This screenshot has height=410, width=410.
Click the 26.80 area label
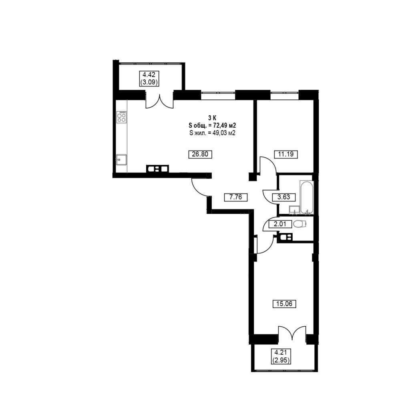pyautogui.click(x=200, y=154)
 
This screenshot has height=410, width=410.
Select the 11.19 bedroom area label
pyautogui.click(x=286, y=154)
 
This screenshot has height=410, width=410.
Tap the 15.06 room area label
pyautogui.click(x=285, y=304)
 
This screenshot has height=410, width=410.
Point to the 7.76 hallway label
pyautogui.click(x=236, y=197)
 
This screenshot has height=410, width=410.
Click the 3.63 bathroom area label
pyautogui.click(x=284, y=197)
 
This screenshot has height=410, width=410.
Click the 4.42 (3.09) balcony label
pyautogui.click(x=149, y=78)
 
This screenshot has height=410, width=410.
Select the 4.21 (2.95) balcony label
pyautogui.click(x=281, y=356)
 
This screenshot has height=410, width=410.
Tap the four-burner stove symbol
pyautogui.click(x=122, y=117)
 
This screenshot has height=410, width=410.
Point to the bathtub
pyautogui.click(x=306, y=197)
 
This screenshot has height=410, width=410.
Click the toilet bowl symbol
pyautogui.click(x=299, y=224)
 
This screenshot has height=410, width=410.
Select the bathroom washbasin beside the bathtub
pyautogui.click(x=295, y=210)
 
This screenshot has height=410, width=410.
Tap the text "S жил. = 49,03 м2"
pyautogui.click(x=212, y=133)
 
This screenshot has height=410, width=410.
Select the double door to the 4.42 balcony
pyautogui.click(x=159, y=101)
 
